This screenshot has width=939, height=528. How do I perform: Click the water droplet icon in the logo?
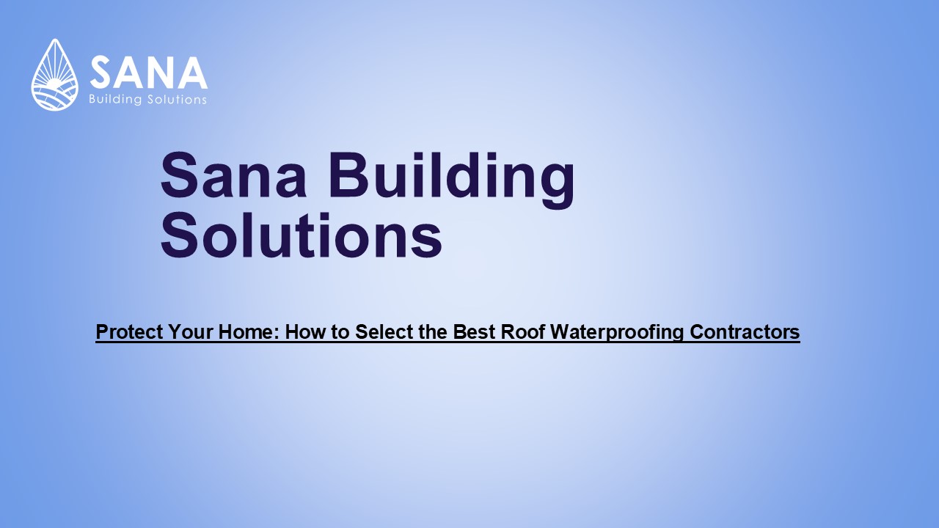54,76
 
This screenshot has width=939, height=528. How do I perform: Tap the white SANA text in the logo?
148,73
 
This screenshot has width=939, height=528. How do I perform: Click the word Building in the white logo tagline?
113,100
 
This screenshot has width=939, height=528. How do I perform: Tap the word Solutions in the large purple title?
301,236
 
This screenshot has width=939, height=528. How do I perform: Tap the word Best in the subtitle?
473,332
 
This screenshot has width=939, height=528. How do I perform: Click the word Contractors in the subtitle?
745,332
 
